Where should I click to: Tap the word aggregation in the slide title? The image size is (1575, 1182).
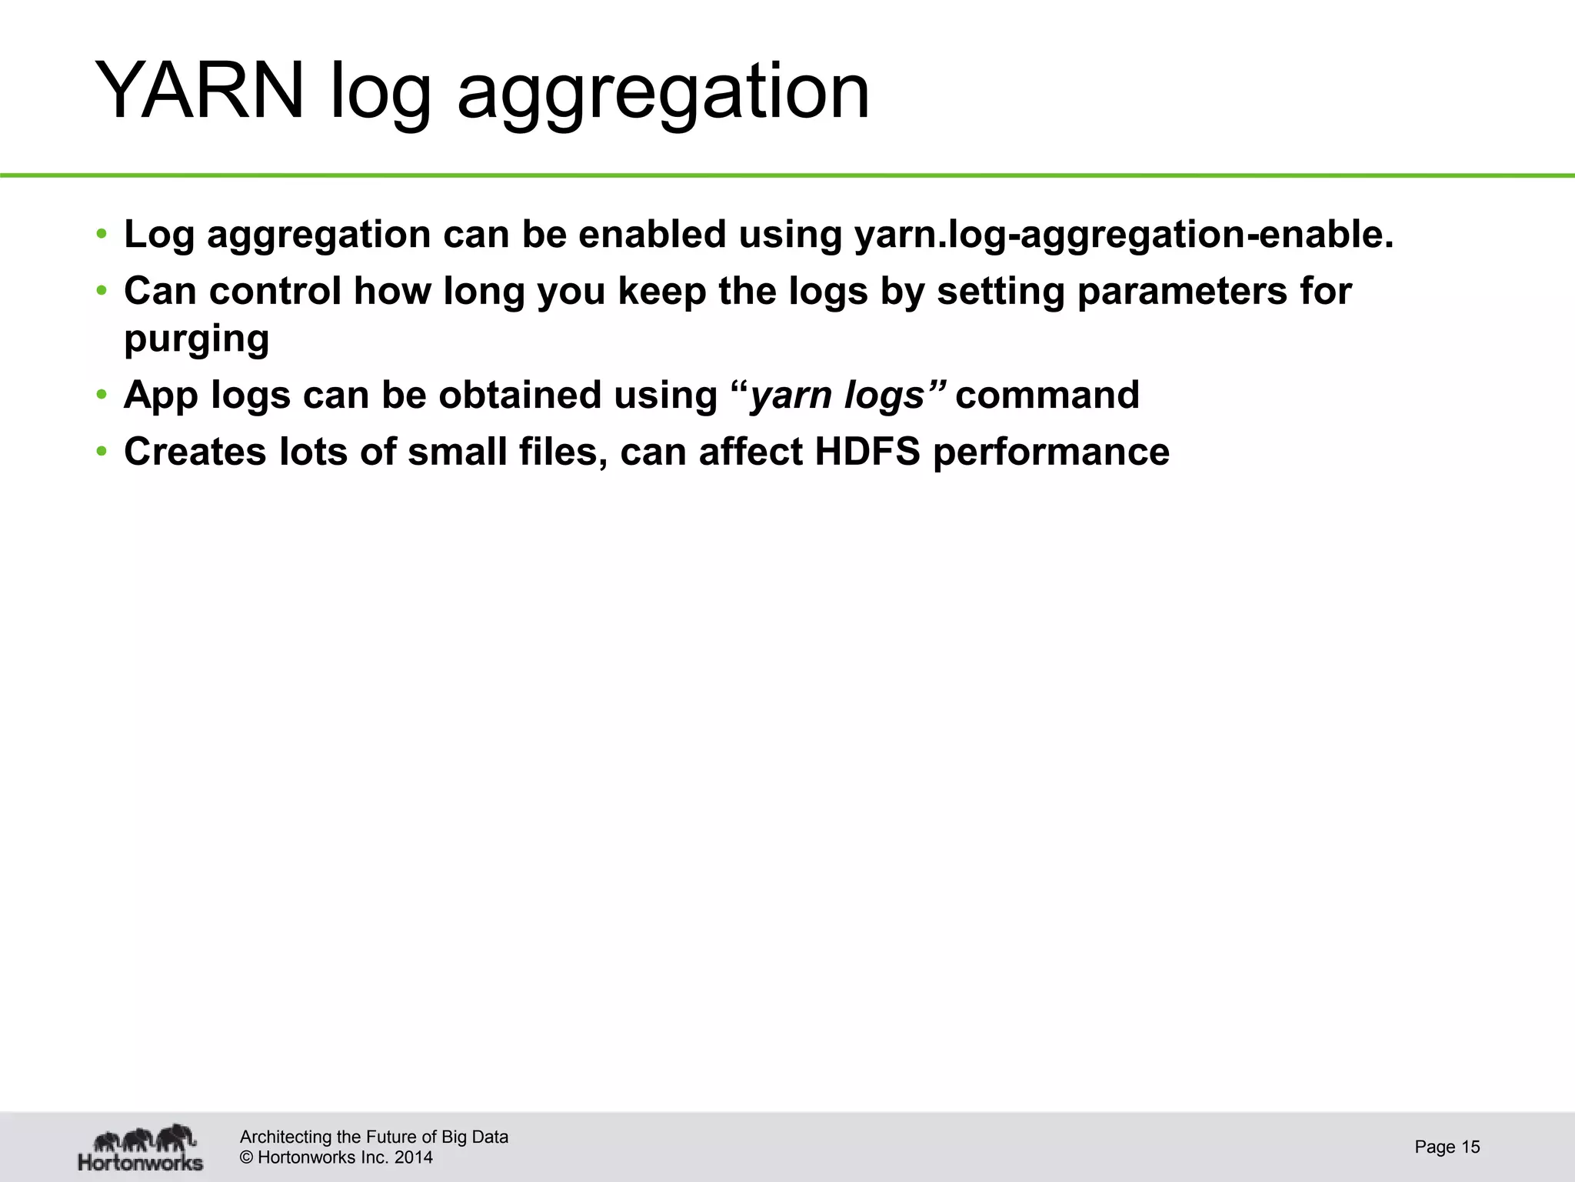click(x=663, y=94)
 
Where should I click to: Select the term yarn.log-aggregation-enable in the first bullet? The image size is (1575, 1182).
click(x=1123, y=235)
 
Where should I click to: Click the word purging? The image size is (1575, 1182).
click(x=197, y=339)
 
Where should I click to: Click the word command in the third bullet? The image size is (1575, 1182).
click(x=1047, y=396)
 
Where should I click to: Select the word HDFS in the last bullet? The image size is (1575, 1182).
click(x=867, y=452)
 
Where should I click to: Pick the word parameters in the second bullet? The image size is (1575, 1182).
click(x=1181, y=292)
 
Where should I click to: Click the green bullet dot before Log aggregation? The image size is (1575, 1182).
click(x=102, y=235)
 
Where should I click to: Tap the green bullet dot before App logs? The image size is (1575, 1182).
click(x=102, y=396)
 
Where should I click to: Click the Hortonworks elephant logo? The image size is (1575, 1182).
click(x=141, y=1147)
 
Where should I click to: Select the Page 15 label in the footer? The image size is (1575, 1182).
click(x=1447, y=1147)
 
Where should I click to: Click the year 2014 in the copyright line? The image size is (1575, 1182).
click(x=413, y=1157)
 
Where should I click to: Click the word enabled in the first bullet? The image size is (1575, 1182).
click(x=652, y=235)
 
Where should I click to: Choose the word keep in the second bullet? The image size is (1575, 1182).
click(x=661, y=292)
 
